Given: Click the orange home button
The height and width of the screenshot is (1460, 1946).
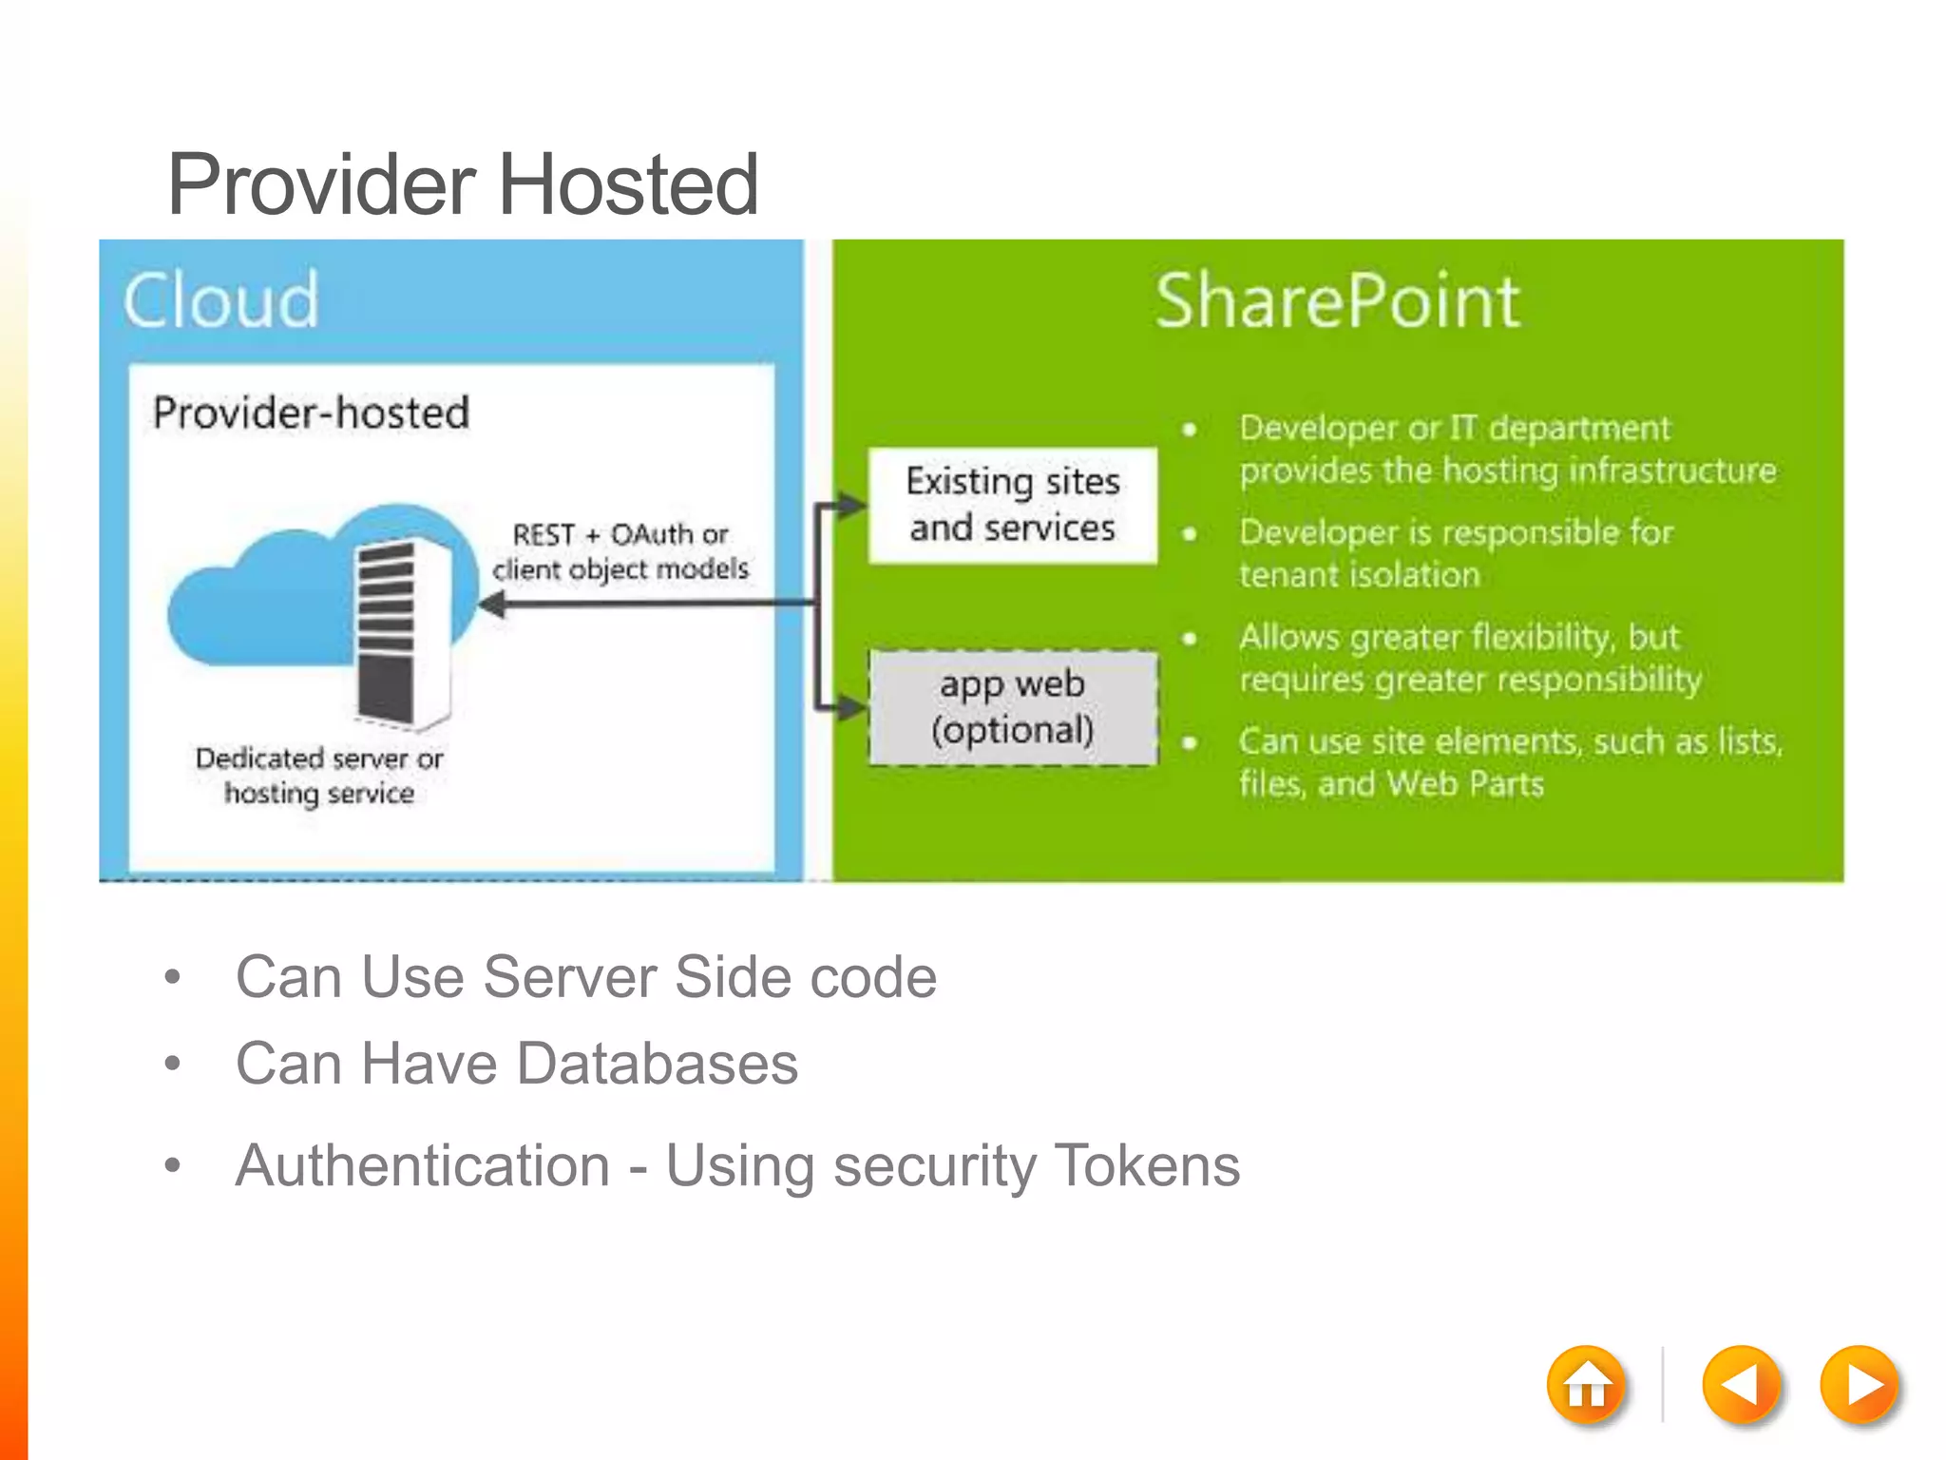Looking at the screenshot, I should tap(1586, 1385).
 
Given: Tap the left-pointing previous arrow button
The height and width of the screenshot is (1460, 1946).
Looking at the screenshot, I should tap(1741, 1385).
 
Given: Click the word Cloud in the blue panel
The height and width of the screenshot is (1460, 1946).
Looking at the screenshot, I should tap(221, 301).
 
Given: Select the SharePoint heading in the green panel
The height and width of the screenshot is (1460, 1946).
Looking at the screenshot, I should tap(1337, 301).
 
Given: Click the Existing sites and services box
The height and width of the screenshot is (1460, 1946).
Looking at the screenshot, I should tap(1013, 505).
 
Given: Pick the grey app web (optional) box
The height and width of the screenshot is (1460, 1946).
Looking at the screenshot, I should tap(1013, 707).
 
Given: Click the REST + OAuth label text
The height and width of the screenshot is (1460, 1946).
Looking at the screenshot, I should tap(620, 535).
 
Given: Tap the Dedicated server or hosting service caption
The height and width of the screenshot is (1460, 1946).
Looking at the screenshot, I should tap(319, 776).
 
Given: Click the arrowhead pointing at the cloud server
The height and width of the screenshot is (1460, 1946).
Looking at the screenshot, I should tap(493, 604).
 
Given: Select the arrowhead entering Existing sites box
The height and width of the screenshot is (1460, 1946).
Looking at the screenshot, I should tap(852, 505).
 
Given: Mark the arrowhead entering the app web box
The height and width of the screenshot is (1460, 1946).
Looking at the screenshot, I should tap(852, 707).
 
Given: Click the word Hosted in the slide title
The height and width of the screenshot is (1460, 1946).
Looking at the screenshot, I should tap(628, 184).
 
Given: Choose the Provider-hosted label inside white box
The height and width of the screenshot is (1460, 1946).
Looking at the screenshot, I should tap(311, 413).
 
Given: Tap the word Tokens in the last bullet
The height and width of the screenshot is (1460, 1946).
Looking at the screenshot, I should tap(1147, 1165).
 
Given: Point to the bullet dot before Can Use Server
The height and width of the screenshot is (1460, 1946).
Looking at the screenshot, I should tap(172, 977).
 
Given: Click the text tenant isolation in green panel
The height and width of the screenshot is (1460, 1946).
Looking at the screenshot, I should tap(1359, 575).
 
